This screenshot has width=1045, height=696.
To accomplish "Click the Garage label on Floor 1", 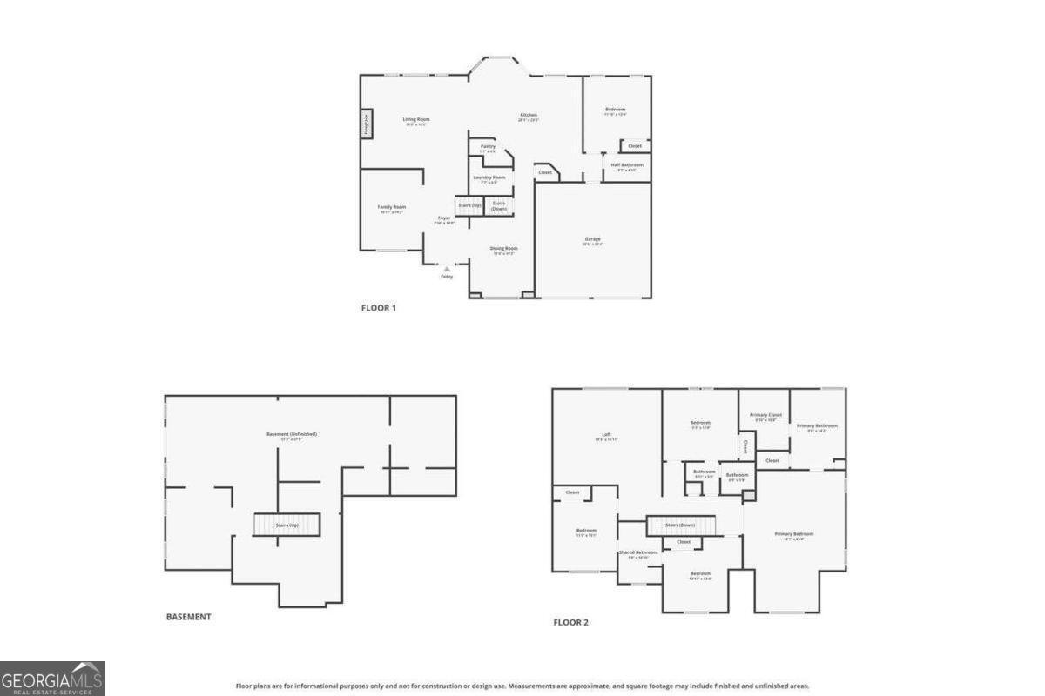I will click(592, 239).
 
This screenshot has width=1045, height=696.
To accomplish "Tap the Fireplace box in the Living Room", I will click(367, 124).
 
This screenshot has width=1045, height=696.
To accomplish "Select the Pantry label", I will click(488, 146).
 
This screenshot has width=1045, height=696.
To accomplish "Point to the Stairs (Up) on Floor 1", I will click(469, 205).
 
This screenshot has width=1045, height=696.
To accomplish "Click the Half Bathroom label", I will click(627, 165).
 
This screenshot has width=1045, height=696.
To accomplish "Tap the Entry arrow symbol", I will click(447, 269).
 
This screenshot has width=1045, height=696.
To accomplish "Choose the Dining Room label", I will click(503, 249).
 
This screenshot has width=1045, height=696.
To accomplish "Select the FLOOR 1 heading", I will click(379, 307).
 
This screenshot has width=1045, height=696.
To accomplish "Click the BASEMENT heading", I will click(188, 617).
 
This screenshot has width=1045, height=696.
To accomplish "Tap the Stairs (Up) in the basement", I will click(287, 525).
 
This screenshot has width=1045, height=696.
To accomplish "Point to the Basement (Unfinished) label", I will click(292, 434).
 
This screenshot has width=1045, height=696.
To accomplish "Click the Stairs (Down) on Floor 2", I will click(680, 525).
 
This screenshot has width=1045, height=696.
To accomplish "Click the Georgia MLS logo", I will click(52, 678).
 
